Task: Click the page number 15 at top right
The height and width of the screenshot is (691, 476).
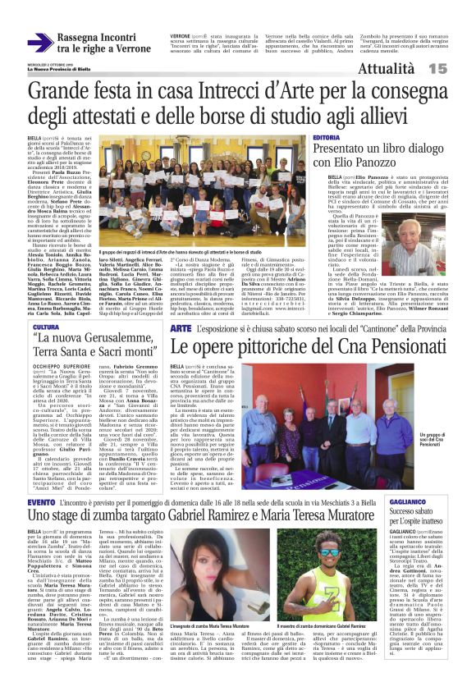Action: (460, 71)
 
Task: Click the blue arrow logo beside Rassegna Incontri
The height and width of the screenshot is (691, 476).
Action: (38, 42)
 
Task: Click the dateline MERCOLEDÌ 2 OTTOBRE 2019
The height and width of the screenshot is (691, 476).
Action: (49, 66)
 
